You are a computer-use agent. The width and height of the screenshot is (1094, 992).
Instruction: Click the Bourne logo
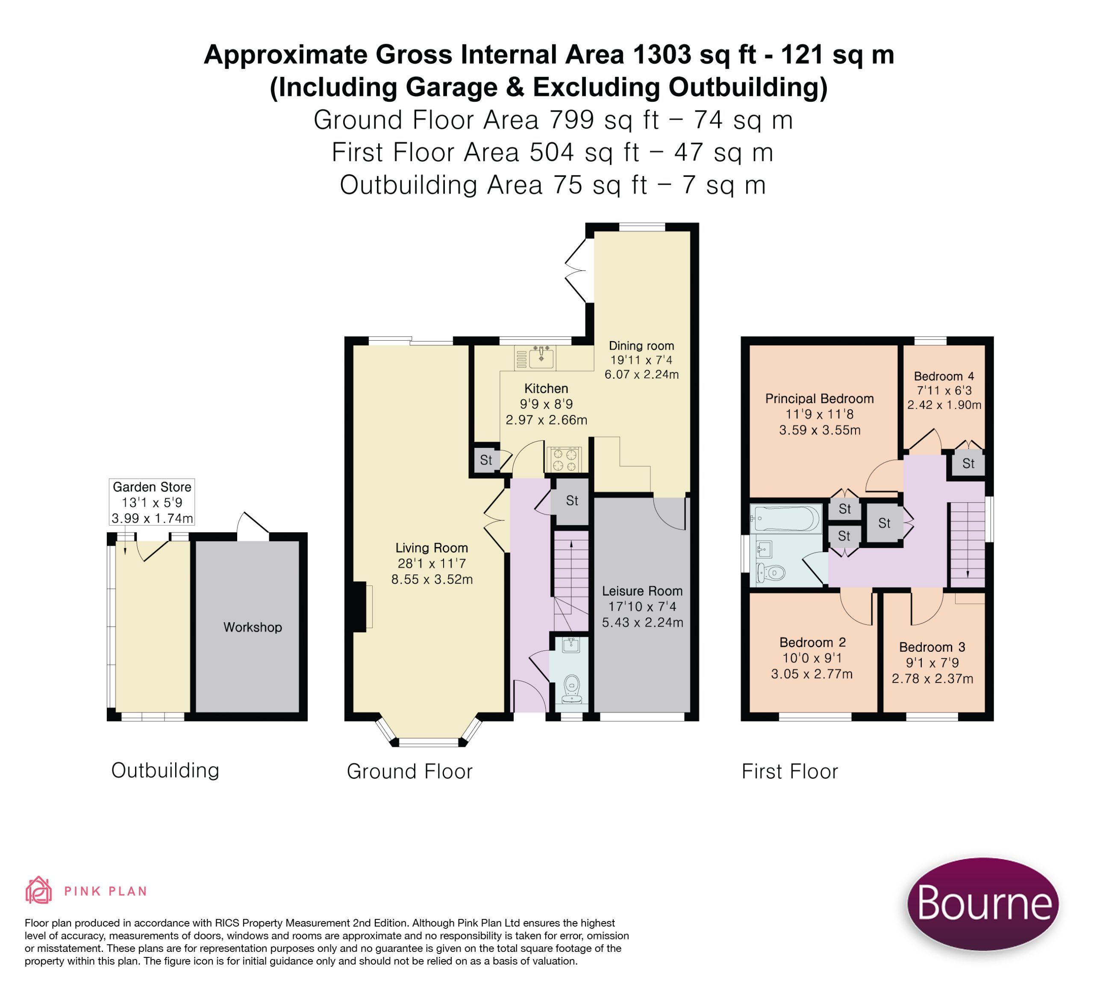[x=983, y=904]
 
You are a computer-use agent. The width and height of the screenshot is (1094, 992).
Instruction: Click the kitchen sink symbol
[x=541, y=356]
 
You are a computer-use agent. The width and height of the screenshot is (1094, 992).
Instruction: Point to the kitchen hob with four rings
[x=564, y=459]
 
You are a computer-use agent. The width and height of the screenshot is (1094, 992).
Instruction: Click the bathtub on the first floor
[x=786, y=519]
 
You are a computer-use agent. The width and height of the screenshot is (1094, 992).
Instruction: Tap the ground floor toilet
[x=571, y=689]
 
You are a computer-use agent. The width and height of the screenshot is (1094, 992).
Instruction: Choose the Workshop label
[x=253, y=627]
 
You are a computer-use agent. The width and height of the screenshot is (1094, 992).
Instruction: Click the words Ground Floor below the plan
[x=410, y=771]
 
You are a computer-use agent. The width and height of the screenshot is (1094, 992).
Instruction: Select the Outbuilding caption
[x=165, y=771]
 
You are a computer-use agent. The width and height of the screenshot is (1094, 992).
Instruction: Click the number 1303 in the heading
[x=662, y=55]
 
